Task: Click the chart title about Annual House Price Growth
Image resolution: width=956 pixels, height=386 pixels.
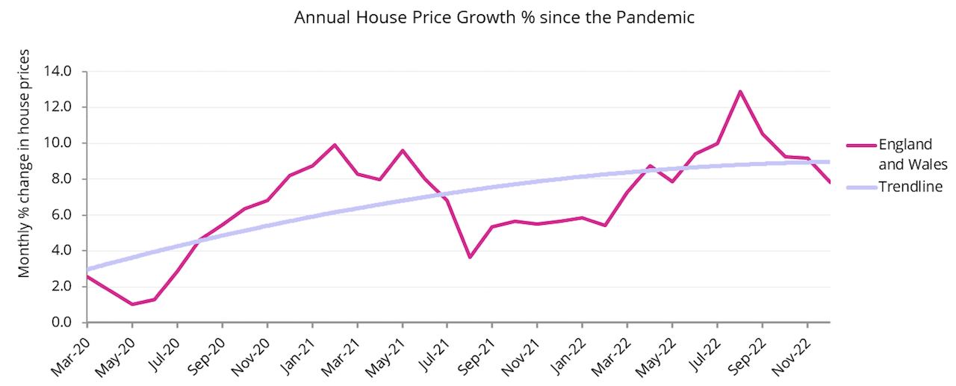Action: [494, 17]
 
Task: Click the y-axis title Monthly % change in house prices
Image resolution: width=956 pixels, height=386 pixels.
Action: [25, 164]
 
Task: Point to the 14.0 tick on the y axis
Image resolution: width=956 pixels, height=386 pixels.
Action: [58, 72]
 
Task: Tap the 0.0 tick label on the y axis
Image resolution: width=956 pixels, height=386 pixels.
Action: [60, 323]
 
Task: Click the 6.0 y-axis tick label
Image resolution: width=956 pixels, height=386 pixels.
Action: [60, 215]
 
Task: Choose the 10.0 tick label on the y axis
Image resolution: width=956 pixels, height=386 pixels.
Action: [58, 143]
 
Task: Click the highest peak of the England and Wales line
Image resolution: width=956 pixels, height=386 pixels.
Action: [739, 91]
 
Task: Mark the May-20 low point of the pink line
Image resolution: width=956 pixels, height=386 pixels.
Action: [132, 304]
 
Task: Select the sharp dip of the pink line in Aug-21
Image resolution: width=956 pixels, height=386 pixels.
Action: [470, 258]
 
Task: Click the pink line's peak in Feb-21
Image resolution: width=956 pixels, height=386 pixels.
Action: [335, 145]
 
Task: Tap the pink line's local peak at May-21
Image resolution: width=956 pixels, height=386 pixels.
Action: [403, 151]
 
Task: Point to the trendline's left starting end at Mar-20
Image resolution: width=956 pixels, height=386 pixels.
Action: [88, 269]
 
